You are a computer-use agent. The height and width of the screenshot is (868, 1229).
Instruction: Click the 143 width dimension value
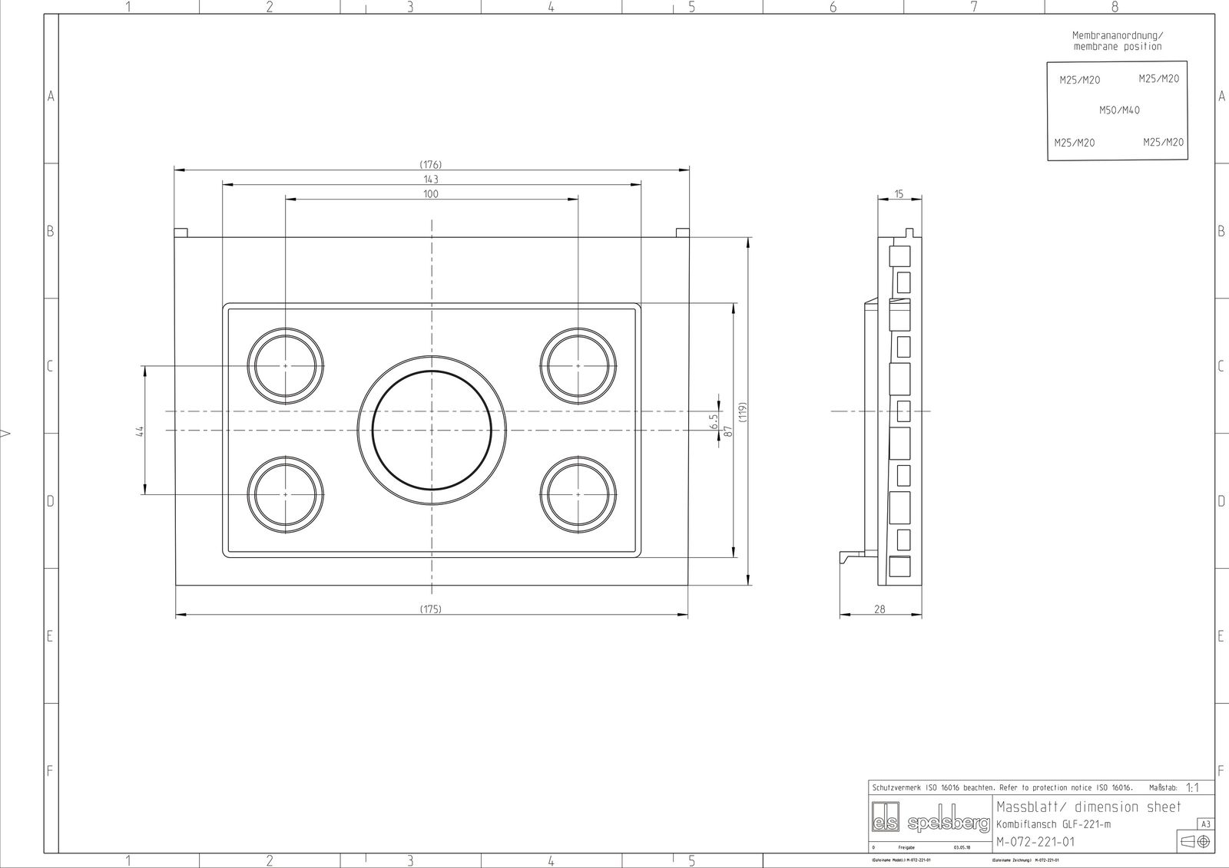point(431,179)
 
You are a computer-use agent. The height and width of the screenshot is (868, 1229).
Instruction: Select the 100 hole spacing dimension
point(431,194)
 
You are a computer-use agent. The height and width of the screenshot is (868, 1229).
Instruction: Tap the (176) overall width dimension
point(431,164)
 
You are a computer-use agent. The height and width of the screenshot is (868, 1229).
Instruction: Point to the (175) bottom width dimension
point(431,609)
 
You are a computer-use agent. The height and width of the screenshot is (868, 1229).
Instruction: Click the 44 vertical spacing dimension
point(140,431)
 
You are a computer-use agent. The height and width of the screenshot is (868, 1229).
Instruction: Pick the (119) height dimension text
point(743,411)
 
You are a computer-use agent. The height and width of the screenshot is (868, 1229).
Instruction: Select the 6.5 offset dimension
point(714,421)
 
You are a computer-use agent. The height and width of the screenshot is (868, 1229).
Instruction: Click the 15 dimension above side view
point(899,194)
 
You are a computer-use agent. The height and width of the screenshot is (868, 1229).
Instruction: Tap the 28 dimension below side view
point(880,609)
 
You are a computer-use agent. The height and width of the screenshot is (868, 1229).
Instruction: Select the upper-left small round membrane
point(285,366)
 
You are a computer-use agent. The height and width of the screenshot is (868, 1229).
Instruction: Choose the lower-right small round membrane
point(578,495)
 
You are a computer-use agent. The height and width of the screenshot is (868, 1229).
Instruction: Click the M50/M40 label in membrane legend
point(1119,111)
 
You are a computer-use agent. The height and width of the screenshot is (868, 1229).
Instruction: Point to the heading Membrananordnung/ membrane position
point(1118,41)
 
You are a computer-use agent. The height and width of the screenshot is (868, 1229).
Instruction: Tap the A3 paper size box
point(1205,824)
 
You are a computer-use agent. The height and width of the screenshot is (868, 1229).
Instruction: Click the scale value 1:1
point(1192,787)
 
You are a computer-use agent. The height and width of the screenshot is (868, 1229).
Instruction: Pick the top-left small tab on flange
point(181,233)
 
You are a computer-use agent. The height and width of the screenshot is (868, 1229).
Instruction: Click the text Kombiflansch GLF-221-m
point(1053,824)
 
